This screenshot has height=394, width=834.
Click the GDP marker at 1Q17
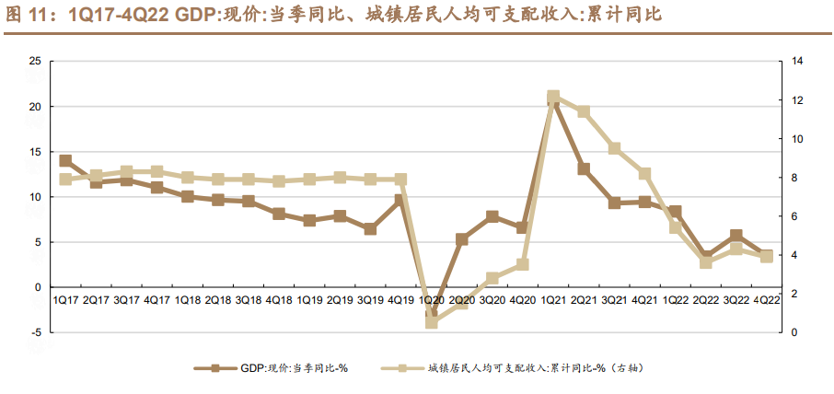(x=65, y=160)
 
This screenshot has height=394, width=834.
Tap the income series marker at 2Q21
(x=583, y=111)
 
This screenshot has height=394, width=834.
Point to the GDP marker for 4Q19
(x=400, y=200)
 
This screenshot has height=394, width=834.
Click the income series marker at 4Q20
(x=522, y=264)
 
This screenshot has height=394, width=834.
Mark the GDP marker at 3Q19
(x=370, y=228)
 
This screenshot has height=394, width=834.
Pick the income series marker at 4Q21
(x=644, y=174)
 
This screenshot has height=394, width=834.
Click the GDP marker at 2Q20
(x=461, y=239)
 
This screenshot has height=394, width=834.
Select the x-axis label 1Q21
(x=552, y=300)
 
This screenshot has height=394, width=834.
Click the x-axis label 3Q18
(x=248, y=300)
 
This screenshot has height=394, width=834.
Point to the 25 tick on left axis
(x=36, y=62)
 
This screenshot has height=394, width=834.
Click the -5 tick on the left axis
(x=36, y=332)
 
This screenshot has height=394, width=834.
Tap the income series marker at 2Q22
(x=705, y=262)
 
